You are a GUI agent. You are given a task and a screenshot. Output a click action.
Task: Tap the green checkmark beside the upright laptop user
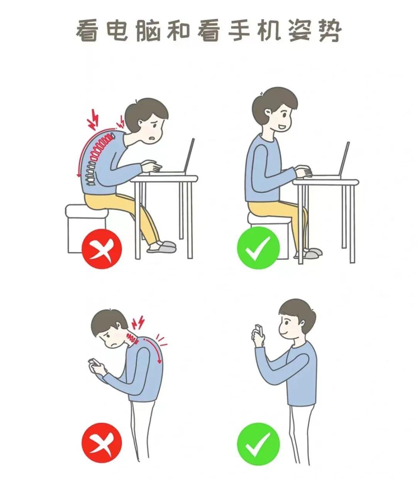(x=258, y=248)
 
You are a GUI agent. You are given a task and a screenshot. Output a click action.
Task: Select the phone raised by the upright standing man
(x=258, y=330)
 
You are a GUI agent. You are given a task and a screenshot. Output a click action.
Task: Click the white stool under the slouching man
(x=85, y=228)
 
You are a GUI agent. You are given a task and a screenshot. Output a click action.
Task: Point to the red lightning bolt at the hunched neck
(x=138, y=322)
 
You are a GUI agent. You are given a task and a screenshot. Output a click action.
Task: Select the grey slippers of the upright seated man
(x=313, y=253)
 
